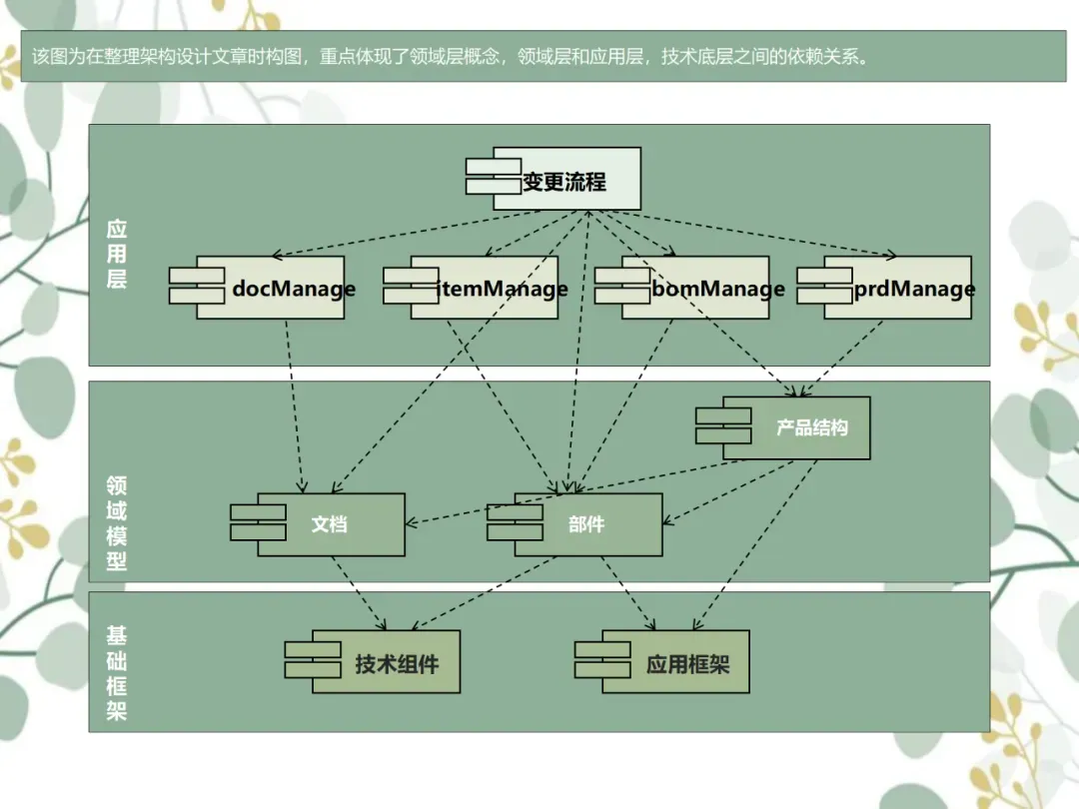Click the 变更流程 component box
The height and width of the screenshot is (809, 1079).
pos(564,180)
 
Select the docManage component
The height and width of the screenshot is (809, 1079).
pos(270,289)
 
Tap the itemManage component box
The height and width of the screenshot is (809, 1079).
pos(485,289)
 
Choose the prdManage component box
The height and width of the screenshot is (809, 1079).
pos(898,289)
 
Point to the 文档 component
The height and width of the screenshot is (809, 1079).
pos(330,524)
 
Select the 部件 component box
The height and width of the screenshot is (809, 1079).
pos(587,524)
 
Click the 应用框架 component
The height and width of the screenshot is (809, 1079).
pos(674,662)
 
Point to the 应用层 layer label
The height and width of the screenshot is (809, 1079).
pos(117,254)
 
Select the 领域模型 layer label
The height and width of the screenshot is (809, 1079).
pos(117,522)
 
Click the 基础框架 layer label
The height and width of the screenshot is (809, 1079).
pos(117,673)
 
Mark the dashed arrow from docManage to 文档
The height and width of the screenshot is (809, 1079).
pos(294,404)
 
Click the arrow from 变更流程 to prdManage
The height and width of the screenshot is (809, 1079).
pos(759,234)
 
